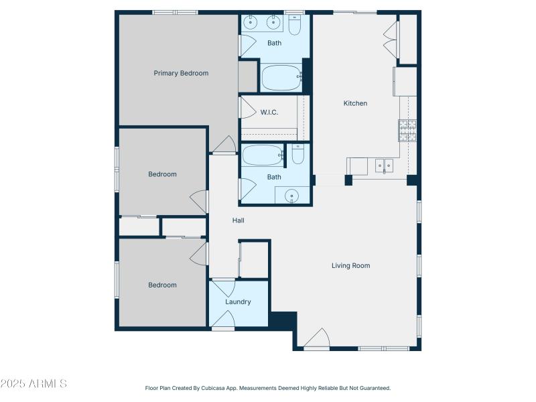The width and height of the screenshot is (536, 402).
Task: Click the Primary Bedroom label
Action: [x=181, y=73]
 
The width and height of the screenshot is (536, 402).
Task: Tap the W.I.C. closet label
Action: [x=269, y=112]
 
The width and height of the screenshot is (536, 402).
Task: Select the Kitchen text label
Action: [x=355, y=103]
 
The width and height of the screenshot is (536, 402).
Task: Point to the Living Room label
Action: [x=350, y=265]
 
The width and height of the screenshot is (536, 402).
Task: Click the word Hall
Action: [x=239, y=220]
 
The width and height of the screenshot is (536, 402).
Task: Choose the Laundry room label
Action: [x=238, y=301]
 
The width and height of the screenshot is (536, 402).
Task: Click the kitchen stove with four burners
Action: [x=407, y=130]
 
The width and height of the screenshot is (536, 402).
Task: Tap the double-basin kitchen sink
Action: [x=384, y=164]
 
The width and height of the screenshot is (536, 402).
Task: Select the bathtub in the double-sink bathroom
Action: [x=282, y=78]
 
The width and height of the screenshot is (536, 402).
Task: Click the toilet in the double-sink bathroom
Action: [x=295, y=24]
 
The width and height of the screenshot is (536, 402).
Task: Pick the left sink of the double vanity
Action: [x=251, y=23]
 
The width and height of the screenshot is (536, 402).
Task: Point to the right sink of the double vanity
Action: [x=273, y=23]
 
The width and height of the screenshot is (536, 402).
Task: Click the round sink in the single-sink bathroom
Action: [x=291, y=196]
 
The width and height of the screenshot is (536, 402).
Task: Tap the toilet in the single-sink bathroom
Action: [x=297, y=155]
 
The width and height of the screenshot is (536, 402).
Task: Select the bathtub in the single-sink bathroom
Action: [x=263, y=155]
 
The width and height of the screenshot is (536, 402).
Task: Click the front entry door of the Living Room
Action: [x=317, y=340]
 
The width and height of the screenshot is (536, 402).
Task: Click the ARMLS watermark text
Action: [x=33, y=384]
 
